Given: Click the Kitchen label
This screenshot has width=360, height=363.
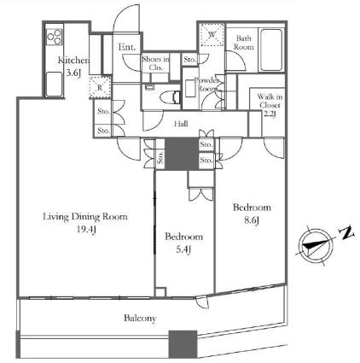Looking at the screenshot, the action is click(74, 61).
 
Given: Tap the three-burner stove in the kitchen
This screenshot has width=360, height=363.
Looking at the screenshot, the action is click(54, 37).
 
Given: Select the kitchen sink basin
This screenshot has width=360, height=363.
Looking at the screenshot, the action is click(54, 84).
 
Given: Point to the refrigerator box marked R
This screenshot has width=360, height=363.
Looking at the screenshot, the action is click(100, 87).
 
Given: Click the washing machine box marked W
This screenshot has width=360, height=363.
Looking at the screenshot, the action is click(212, 35).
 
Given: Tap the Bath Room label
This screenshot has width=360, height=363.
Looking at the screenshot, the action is click(244, 43).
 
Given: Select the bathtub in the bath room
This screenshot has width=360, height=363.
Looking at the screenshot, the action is click(271, 50).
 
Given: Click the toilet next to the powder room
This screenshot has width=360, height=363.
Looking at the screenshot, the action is click(170, 97).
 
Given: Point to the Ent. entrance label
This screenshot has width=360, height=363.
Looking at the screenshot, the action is click(127, 47).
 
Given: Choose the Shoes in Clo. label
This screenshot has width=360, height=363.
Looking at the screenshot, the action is click(155, 63).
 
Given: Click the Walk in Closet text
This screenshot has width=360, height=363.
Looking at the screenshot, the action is click(270, 101).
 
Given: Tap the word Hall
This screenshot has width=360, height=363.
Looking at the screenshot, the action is click(181, 124).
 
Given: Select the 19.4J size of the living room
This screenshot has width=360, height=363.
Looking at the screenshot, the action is click(86, 230).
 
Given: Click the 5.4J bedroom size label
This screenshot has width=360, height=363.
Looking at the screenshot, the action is click(183, 249).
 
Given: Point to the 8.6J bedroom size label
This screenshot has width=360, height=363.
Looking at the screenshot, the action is click(252, 220).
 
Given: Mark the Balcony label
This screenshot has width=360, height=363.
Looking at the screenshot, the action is click(140, 318).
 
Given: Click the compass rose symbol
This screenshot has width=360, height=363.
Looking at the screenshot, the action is click(316, 246).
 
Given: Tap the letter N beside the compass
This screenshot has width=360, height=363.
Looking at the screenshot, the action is click(346, 233).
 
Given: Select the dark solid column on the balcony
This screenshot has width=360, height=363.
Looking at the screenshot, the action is click(183, 344).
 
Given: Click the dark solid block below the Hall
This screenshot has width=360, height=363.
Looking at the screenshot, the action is click(182, 154).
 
